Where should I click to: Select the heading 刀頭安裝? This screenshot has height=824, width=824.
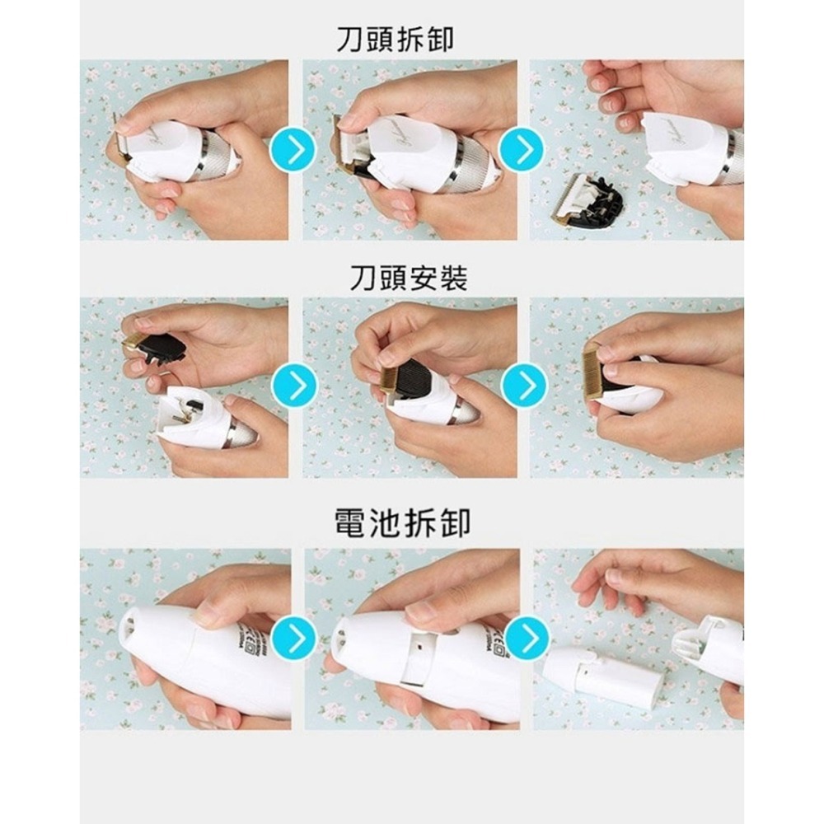tap(408, 278)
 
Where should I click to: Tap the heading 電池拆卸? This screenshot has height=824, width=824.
tap(402, 522)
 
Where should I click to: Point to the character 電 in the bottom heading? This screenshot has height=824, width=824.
tap(350, 522)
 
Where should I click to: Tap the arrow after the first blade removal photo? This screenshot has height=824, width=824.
tap(293, 149)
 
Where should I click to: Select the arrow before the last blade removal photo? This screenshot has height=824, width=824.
tap(522, 149)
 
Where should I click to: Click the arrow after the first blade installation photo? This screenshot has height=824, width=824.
tap(294, 385)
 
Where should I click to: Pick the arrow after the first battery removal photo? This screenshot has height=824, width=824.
tap(293, 638)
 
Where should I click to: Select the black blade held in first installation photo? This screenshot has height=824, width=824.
tap(162, 347)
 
